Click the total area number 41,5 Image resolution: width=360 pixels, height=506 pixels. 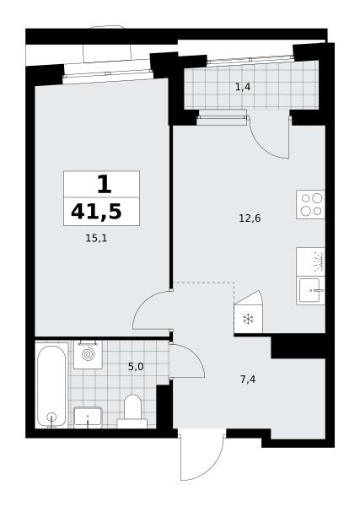(96, 213)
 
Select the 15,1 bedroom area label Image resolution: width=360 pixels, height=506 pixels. (96, 239)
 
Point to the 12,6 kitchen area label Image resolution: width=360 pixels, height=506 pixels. (250, 218)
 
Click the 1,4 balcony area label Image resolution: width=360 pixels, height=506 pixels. (243, 87)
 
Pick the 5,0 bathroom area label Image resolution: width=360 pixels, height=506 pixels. (136, 367)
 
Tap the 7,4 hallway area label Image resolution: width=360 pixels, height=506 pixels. (248, 379)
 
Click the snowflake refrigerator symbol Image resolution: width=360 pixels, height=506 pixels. (248, 320)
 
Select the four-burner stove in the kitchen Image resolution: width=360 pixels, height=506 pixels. (310, 205)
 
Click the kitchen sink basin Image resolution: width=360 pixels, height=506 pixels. (310, 290)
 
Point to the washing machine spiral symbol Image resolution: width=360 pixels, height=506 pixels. (88, 355)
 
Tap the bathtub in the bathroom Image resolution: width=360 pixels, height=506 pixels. (51, 385)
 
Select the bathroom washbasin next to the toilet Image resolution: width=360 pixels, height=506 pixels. (88, 417)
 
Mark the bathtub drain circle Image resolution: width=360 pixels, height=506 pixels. (51, 417)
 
